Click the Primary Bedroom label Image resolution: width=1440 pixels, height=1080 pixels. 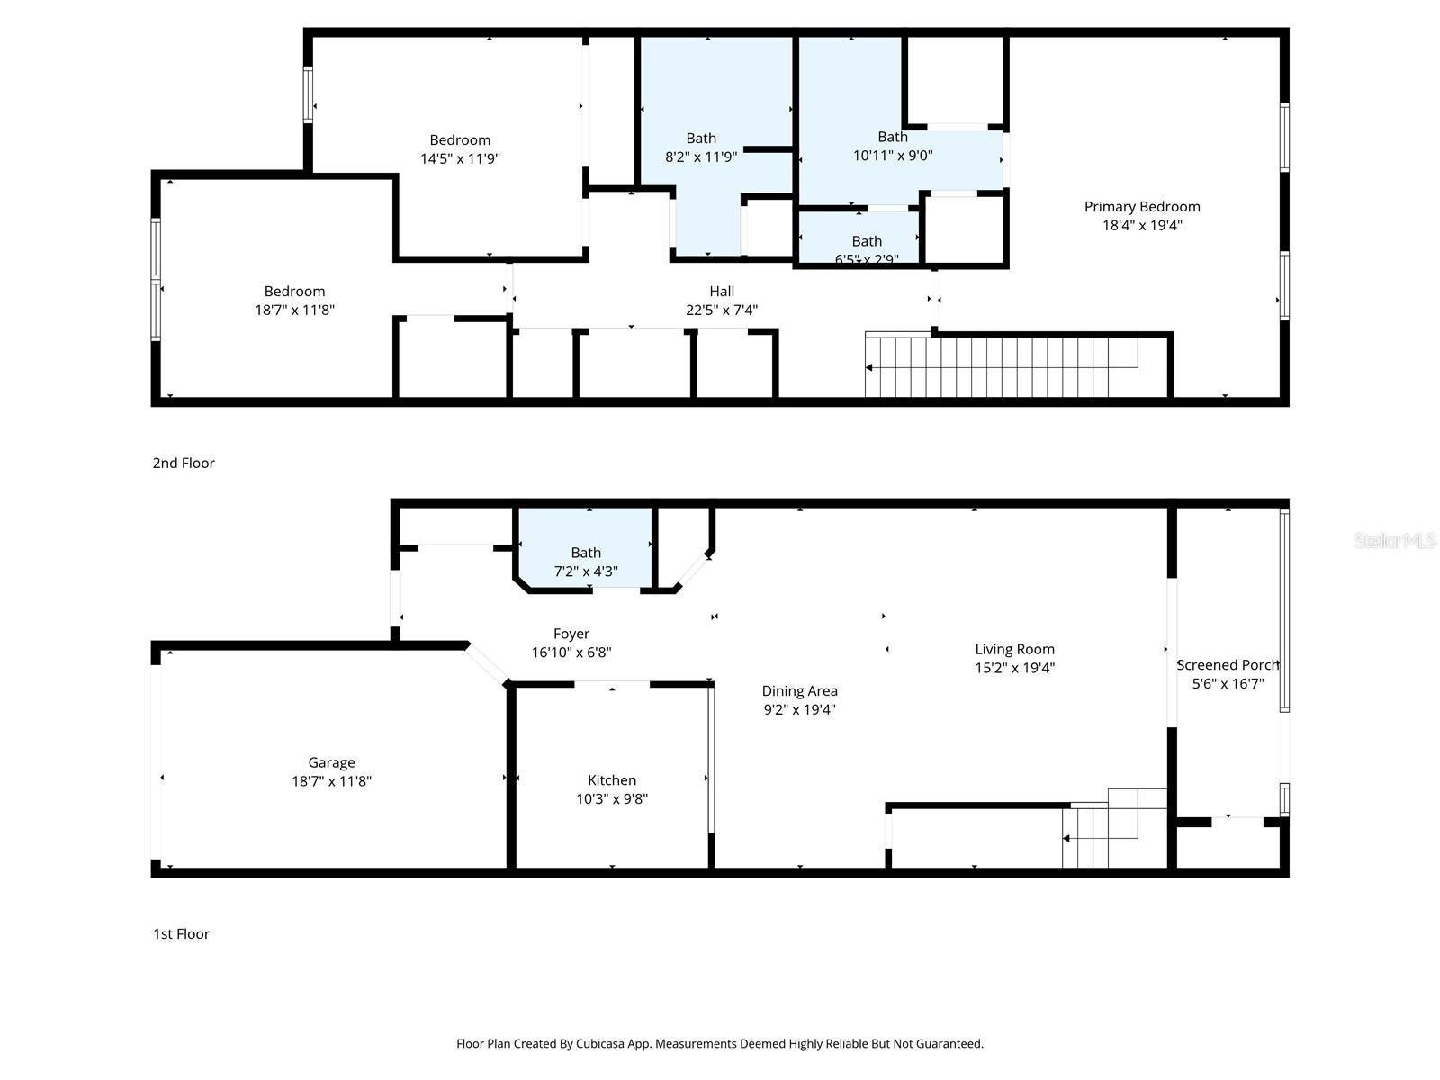[1141, 207]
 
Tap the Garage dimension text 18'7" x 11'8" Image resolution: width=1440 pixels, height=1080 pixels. [331, 781]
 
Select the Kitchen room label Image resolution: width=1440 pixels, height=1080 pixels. [612, 780]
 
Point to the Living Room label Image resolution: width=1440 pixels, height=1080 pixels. [1014, 649]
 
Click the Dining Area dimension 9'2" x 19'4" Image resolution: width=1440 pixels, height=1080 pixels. [799, 709]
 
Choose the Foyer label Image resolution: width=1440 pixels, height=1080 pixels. [571, 634]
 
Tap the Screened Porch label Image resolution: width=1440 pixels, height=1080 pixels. [1228, 665]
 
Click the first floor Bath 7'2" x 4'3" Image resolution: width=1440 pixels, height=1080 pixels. [586, 562]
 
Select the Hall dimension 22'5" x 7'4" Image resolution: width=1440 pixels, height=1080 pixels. [722, 310]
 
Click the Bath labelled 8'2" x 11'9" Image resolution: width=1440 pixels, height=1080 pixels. [701, 147]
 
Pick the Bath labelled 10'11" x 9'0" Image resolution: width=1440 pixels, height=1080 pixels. [893, 146]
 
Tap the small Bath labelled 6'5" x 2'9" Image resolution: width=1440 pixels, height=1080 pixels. [867, 249]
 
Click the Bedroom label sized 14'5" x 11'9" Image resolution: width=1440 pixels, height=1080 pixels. [460, 148]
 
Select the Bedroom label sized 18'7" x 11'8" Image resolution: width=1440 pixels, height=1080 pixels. [294, 300]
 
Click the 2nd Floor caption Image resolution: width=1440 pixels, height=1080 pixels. [184, 463]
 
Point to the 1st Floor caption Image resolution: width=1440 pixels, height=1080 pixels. [181, 933]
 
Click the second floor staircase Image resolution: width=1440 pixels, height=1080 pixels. [999, 366]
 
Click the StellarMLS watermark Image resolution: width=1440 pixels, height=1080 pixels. [1395, 541]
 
